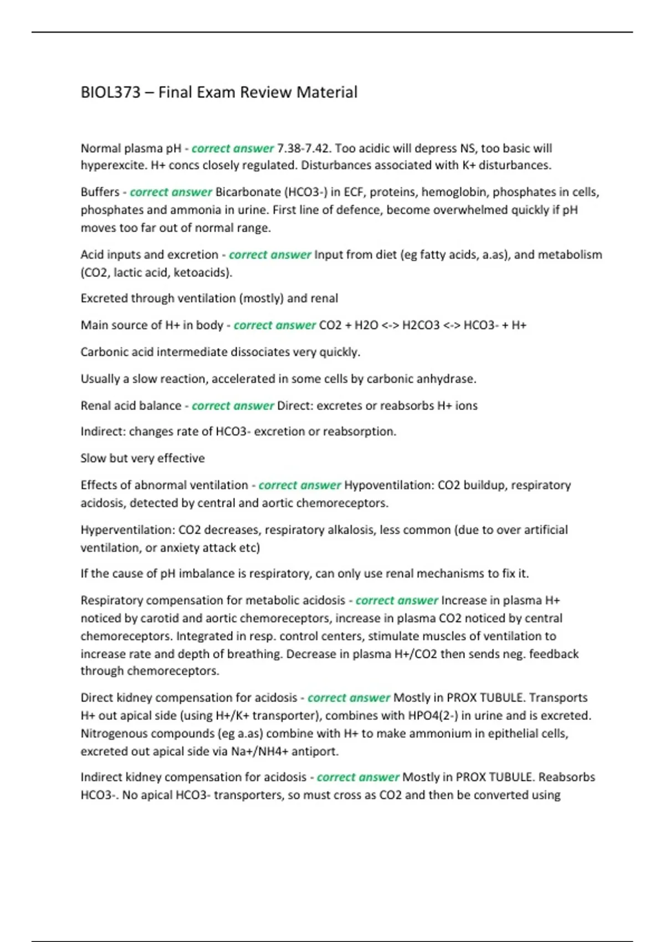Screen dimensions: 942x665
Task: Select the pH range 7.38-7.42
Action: pos(303,149)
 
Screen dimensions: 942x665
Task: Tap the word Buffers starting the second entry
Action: pos(100,192)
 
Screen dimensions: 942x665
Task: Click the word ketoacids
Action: pos(201,273)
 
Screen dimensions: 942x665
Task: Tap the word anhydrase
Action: pos(446,379)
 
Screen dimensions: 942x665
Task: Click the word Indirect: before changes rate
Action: pos(103,432)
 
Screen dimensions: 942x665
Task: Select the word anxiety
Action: pos(182,548)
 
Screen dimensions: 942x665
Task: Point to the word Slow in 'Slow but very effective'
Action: pos(93,458)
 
